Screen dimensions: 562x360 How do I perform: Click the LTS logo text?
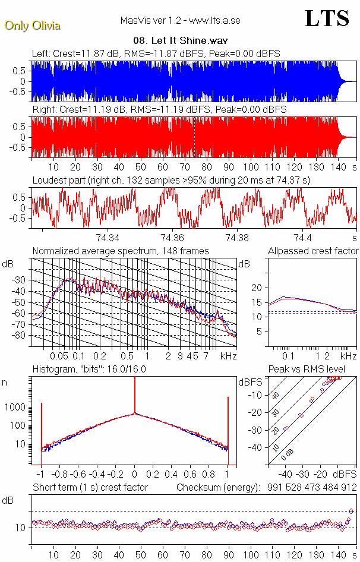[x=327, y=18]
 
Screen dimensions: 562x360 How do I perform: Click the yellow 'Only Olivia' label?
[x=32, y=26]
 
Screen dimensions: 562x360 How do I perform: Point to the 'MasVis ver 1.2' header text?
[x=180, y=21]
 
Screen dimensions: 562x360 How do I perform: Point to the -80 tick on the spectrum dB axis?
[x=20, y=336]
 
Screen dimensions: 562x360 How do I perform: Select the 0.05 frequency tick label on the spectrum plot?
[x=59, y=356]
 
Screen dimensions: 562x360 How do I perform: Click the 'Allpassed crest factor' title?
[x=313, y=251]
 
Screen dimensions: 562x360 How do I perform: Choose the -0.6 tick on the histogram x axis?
[x=79, y=475]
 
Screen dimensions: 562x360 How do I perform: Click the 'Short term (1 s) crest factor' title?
[x=90, y=487]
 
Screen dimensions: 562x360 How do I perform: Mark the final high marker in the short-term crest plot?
[x=351, y=511]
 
